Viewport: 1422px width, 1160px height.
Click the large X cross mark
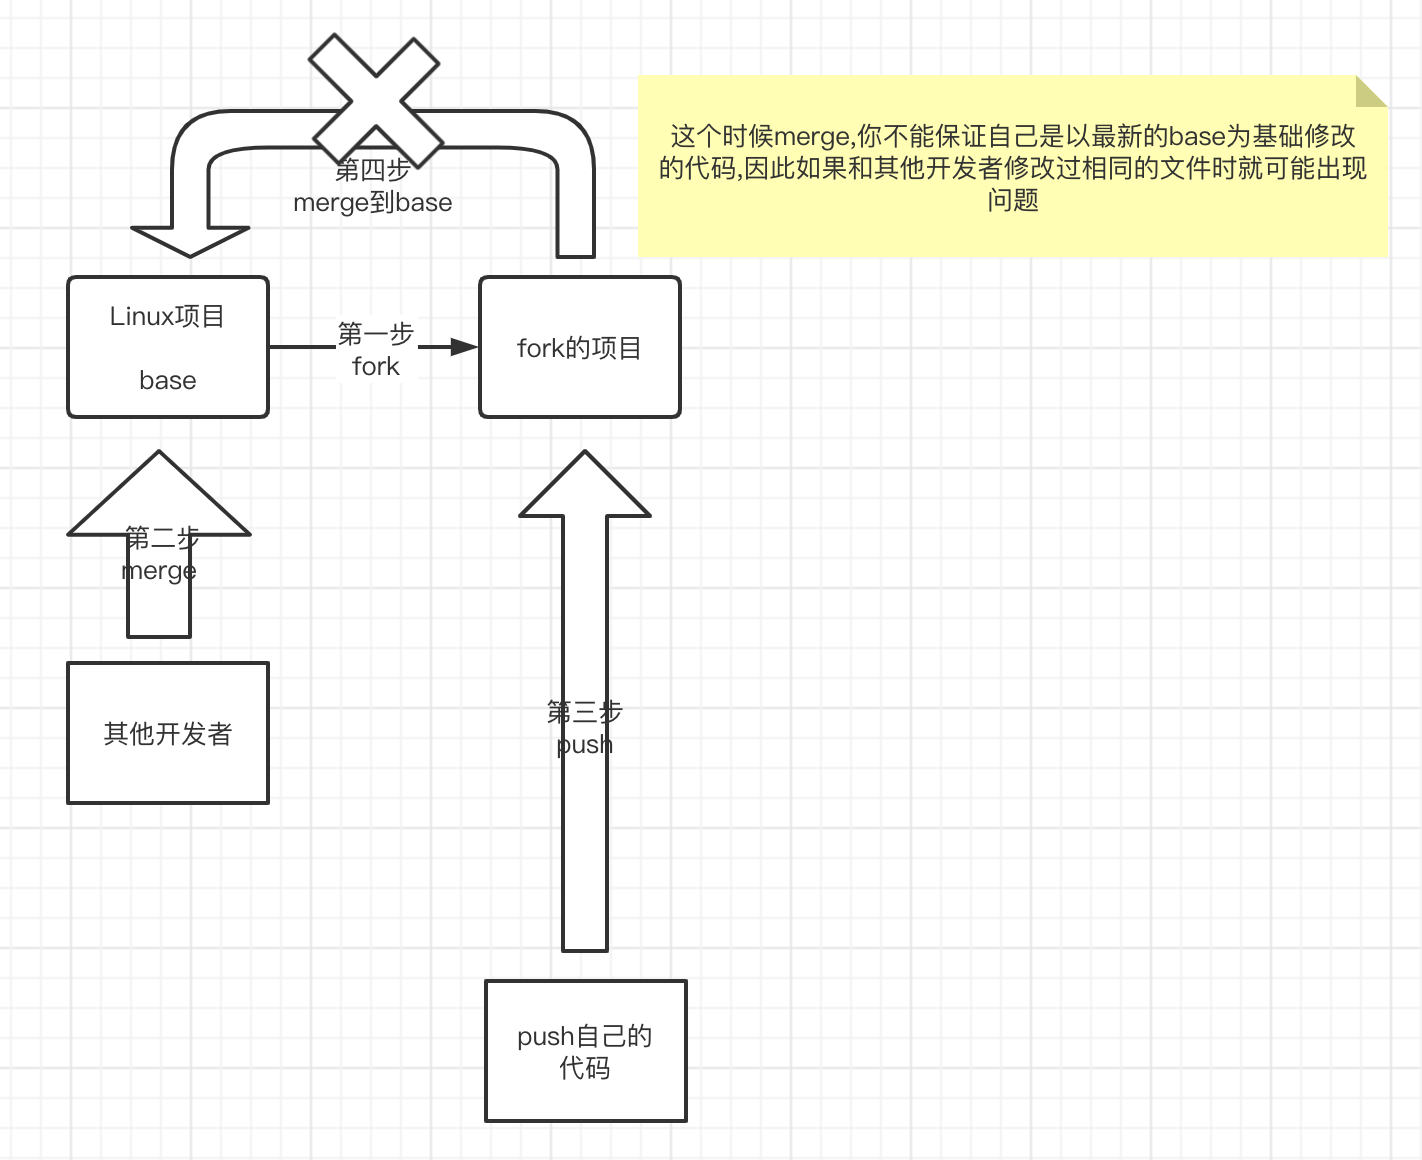point(375,100)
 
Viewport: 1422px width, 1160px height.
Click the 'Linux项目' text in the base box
point(167,317)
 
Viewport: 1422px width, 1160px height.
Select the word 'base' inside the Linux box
point(167,381)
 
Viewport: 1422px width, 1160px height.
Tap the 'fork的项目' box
point(579,347)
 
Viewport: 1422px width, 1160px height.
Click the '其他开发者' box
point(168,733)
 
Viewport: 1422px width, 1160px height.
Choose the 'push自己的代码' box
point(585,1051)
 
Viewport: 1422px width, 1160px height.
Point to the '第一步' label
point(376,334)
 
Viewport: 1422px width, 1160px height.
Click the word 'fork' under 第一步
point(376,367)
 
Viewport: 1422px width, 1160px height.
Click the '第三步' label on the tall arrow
point(585,712)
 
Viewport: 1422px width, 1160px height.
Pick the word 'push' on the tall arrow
point(585,745)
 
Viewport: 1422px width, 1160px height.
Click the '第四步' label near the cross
point(373,170)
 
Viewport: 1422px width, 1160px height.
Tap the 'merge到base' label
point(373,203)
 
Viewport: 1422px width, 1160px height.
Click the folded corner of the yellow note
point(1370,92)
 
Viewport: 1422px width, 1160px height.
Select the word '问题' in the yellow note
point(1013,201)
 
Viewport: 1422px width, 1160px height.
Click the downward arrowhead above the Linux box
point(190,240)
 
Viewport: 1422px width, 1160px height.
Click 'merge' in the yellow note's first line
point(811,137)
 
